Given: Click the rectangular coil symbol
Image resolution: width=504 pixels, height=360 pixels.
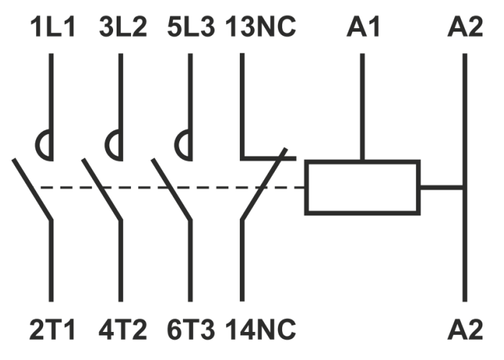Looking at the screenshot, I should [x=362, y=187].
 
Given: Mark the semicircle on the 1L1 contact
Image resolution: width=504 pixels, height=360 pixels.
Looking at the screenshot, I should [x=45, y=145].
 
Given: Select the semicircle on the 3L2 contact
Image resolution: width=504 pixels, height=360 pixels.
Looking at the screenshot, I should [x=114, y=145].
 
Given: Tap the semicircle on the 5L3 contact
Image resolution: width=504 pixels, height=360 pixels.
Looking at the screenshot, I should [x=184, y=145].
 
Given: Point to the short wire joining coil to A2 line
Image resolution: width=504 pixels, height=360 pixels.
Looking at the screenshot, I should [x=441, y=188].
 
